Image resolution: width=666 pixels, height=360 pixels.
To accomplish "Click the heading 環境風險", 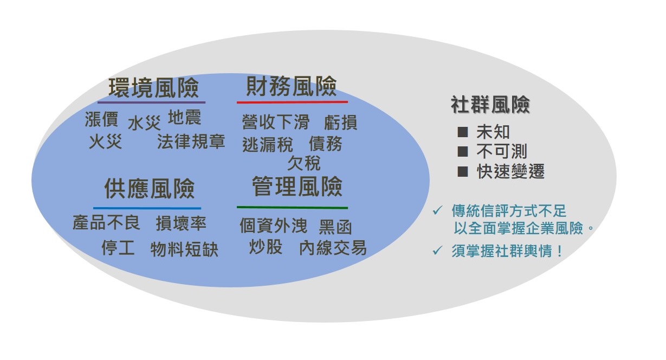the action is [x=153, y=88].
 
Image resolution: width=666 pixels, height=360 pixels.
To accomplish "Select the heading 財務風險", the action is [x=292, y=86].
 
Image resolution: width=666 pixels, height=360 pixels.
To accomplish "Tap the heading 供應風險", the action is [x=150, y=189].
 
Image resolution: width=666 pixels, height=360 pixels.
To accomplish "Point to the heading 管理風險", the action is [x=297, y=187].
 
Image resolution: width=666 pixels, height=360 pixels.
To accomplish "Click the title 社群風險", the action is [x=490, y=105].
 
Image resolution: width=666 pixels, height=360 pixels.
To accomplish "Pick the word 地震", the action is [x=184, y=117].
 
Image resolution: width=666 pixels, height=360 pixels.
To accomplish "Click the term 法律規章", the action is [x=191, y=142].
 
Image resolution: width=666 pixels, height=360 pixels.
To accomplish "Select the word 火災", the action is [x=105, y=142].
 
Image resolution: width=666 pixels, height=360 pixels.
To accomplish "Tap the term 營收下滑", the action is [x=276, y=122].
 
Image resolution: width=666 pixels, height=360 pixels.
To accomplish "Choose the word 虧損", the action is [x=340, y=123].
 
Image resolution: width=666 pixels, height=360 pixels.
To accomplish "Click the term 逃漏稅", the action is [x=268, y=145].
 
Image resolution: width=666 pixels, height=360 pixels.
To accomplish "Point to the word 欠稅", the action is [x=304, y=163].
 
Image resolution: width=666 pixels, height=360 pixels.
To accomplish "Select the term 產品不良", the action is [x=106, y=222].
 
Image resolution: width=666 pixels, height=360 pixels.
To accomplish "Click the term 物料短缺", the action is [x=184, y=249].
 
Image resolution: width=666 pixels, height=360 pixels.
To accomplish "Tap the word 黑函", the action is [x=335, y=228].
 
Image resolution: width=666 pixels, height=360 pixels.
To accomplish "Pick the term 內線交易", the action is [x=333, y=248].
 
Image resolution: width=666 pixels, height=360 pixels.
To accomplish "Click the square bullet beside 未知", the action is [x=463, y=132].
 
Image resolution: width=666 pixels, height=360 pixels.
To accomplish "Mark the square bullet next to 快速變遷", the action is [x=463, y=172].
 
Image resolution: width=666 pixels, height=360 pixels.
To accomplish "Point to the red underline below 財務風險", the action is [x=292, y=102].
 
